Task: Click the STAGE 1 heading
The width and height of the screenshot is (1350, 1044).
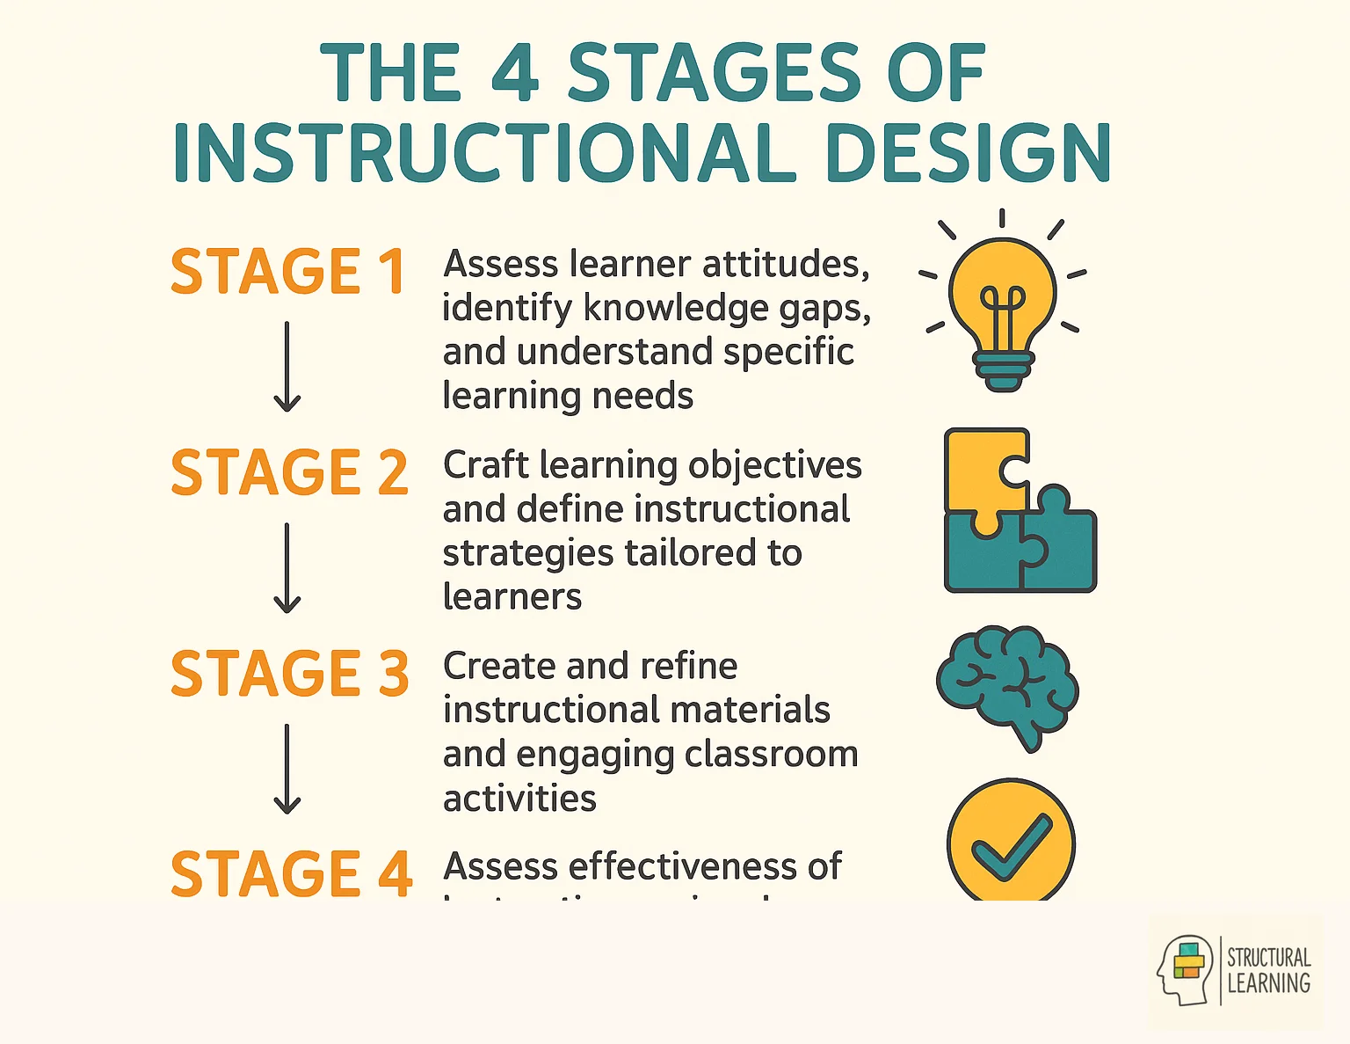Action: pos(287,271)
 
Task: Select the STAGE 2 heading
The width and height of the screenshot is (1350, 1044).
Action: pos(289,472)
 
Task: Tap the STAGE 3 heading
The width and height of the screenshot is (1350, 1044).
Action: pos(289,674)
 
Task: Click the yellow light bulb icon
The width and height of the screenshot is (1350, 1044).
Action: pos(1002,303)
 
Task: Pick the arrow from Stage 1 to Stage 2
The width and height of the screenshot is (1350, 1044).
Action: pos(287,367)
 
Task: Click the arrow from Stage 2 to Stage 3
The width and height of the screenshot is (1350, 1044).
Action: pos(287,568)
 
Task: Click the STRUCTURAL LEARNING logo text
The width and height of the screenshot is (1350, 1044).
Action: pos(1268,971)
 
